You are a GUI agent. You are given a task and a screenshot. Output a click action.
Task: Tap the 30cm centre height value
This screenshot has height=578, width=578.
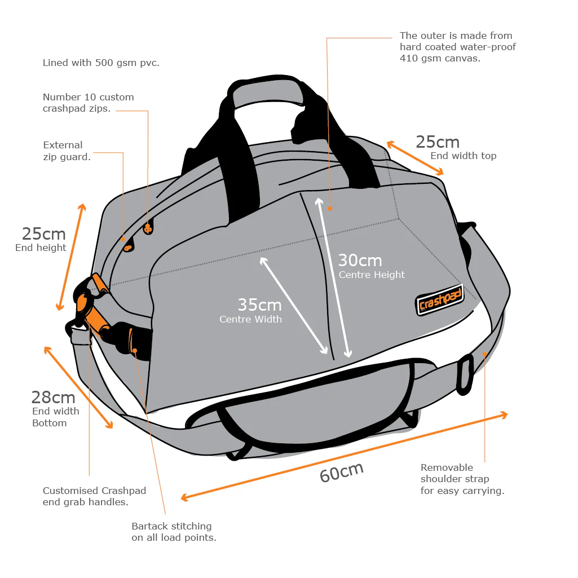tap(360, 261)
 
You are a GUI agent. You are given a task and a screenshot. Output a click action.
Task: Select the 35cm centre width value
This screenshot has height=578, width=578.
tap(259, 305)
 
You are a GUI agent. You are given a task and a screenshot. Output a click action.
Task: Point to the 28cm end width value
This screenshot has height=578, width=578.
tap(53, 398)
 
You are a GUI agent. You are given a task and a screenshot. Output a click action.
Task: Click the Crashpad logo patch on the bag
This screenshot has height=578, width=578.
tap(440, 301)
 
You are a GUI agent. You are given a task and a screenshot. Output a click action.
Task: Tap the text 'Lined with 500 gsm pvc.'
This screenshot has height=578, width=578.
tap(101, 63)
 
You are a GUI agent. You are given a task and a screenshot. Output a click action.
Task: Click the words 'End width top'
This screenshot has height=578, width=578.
tap(463, 156)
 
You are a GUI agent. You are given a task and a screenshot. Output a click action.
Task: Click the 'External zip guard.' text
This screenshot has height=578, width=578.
tap(67, 151)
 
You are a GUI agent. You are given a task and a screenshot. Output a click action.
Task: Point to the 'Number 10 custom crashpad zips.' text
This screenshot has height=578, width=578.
tap(88, 103)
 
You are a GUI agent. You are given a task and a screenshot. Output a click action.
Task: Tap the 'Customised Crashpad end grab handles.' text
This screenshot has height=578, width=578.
tap(94, 496)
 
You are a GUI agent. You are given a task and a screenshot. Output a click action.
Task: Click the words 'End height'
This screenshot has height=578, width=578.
tap(41, 248)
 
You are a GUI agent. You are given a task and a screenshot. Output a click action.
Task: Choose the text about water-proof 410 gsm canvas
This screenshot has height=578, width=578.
tap(457, 46)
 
